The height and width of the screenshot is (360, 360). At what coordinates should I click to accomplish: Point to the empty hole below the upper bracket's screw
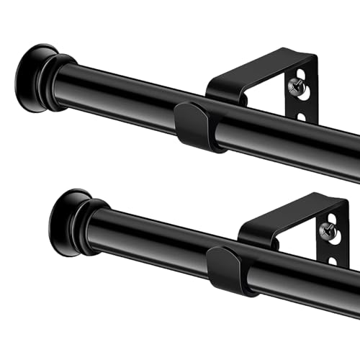(302, 116)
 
